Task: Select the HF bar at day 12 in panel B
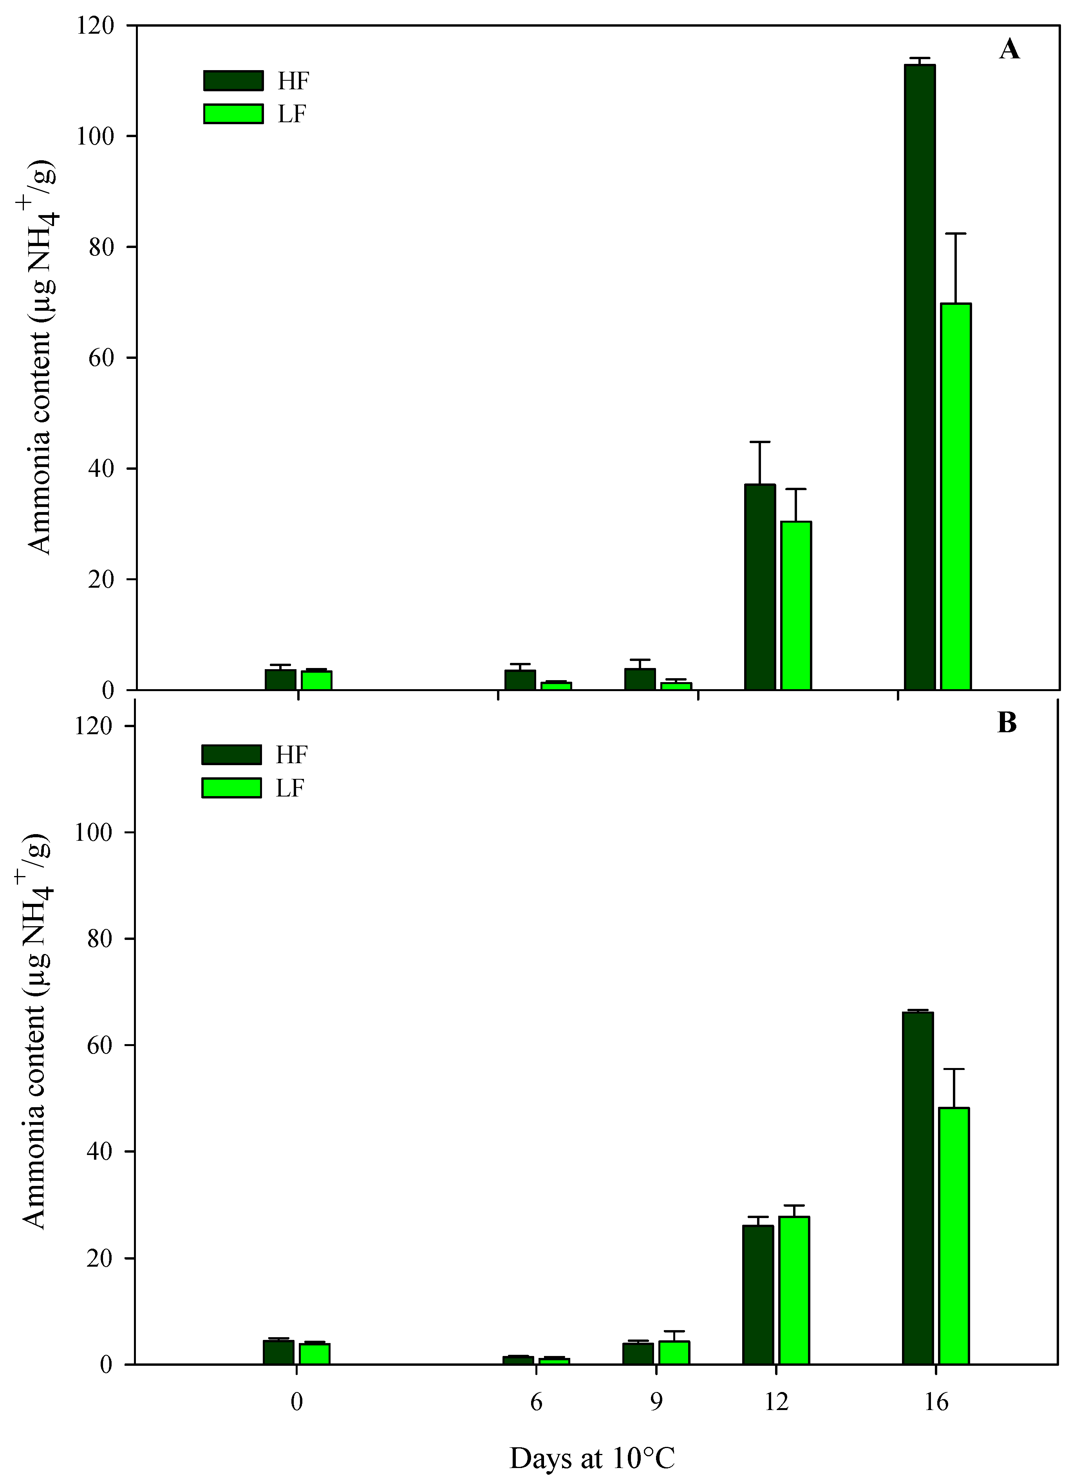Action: (x=758, y=1294)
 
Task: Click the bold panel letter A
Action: (x=1009, y=49)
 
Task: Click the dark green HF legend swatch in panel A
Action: (x=233, y=81)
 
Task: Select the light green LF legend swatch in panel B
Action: (x=231, y=788)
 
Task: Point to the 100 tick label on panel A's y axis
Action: (x=95, y=136)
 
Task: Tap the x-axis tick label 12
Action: (x=776, y=1402)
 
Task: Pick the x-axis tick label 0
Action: (x=297, y=1402)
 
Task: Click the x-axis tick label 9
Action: (x=656, y=1402)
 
